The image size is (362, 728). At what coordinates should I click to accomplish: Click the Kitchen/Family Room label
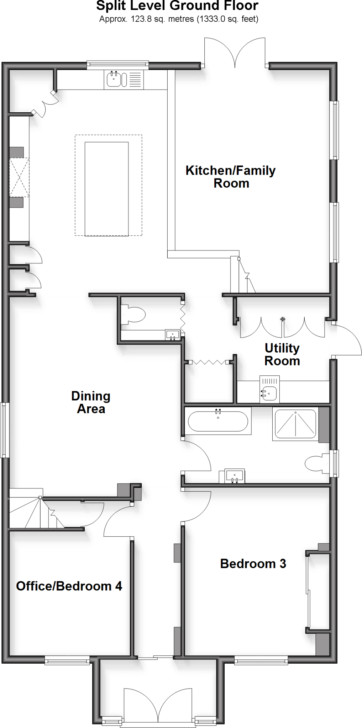[x=231, y=177]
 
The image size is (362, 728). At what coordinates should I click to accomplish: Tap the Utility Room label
[x=282, y=354]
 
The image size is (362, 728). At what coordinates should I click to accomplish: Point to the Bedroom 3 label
[x=253, y=563]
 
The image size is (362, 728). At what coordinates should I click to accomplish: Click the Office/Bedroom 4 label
[x=69, y=586]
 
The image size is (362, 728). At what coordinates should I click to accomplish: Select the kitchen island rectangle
[x=107, y=189]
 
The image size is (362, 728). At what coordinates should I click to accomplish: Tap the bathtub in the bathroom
[x=218, y=421]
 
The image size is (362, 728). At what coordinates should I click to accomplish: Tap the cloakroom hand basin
[x=173, y=334]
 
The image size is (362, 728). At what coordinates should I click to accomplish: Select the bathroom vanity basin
[x=234, y=476]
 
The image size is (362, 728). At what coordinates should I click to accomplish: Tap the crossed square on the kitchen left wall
[x=19, y=177]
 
